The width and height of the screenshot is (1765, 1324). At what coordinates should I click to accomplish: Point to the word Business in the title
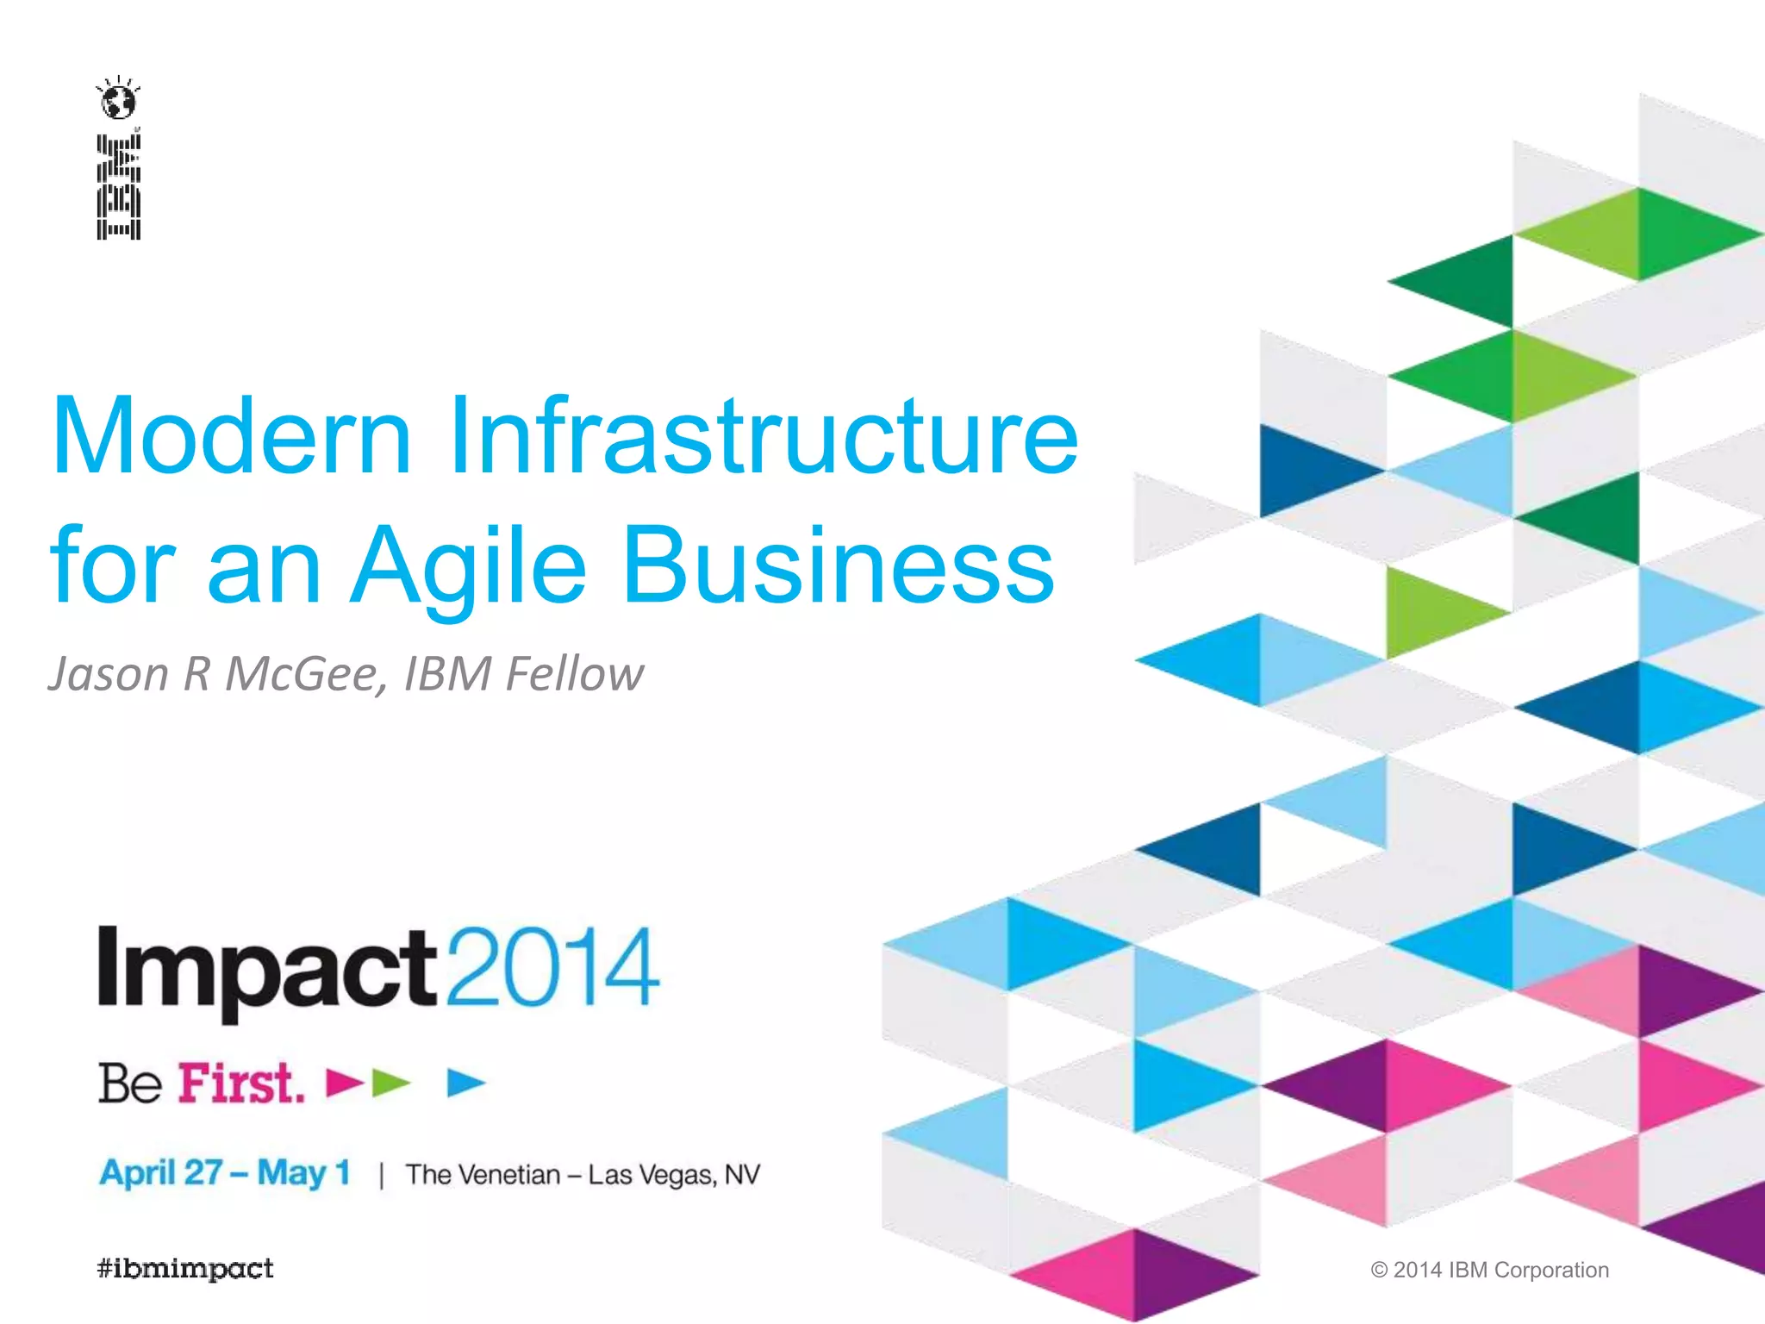[838, 566]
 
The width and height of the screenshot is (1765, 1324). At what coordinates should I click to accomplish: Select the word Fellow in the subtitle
[574, 674]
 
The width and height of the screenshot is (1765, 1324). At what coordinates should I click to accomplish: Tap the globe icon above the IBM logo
[118, 101]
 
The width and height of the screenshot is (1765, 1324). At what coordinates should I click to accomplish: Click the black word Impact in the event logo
[268, 970]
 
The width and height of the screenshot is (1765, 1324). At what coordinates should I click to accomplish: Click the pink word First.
[241, 1084]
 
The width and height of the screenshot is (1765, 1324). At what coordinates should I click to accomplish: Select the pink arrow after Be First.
[344, 1083]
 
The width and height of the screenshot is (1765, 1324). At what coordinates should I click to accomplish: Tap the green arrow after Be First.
[390, 1083]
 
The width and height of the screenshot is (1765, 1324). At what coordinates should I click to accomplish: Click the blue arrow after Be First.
[466, 1083]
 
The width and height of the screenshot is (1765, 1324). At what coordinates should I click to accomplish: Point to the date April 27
[161, 1174]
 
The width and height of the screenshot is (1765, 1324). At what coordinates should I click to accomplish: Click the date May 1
[303, 1174]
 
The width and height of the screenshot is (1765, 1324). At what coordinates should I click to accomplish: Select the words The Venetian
[483, 1175]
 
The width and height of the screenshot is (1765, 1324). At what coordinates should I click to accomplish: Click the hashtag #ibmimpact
[185, 1269]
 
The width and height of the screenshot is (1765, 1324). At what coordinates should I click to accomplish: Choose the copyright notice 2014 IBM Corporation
[1490, 1270]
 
